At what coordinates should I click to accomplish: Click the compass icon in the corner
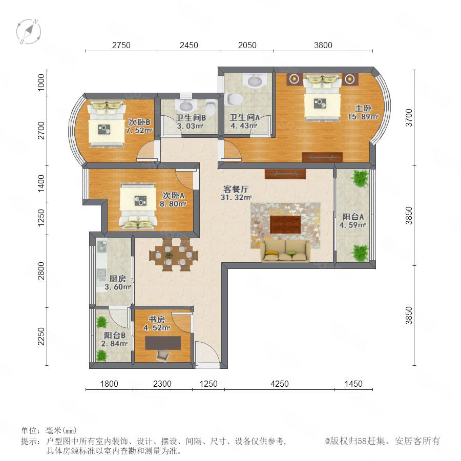coord(29,31)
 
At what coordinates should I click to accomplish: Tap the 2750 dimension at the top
coord(121,45)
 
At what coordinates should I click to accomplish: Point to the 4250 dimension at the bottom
coord(279,384)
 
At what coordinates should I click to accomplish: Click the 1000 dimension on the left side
coord(41,82)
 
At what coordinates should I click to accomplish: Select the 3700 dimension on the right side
coord(409,118)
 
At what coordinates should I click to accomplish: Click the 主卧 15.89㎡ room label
coord(363,113)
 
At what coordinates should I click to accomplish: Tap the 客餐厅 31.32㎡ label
coord(236,193)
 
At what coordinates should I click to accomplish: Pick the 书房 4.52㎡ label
coord(156,323)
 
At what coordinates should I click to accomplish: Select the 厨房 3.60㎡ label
coord(118,283)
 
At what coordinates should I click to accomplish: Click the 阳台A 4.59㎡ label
coord(353,221)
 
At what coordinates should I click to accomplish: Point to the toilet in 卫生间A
coord(234,99)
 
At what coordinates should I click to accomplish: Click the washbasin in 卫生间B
coord(185,105)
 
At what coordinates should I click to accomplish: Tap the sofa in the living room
coord(285,250)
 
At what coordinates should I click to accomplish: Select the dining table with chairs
coord(174,255)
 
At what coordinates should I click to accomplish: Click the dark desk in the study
coord(163,343)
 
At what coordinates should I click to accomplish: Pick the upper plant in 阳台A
coord(360,178)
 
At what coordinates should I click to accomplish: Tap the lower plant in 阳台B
coord(101,355)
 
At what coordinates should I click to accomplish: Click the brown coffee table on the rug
coord(285,225)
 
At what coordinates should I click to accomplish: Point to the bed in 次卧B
coord(107,123)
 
